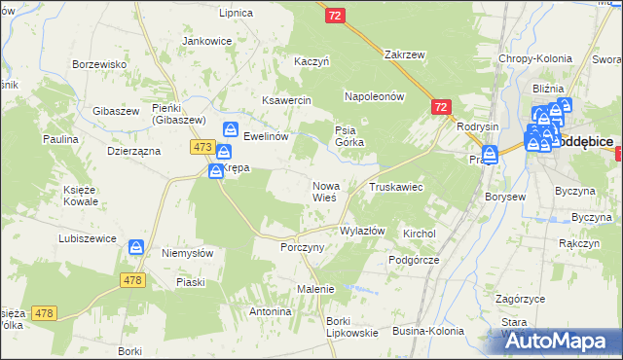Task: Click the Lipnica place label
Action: coord(237,13)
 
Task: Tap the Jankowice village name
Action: coord(207,42)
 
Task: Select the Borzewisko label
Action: coord(101,64)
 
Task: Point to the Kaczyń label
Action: coord(312,61)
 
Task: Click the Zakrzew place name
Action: coord(407,55)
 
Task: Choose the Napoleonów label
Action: coord(374,97)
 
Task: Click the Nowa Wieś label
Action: coord(324,191)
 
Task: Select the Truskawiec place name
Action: coord(395,186)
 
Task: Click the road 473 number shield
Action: coord(202,147)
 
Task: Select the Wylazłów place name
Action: coord(362,231)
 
